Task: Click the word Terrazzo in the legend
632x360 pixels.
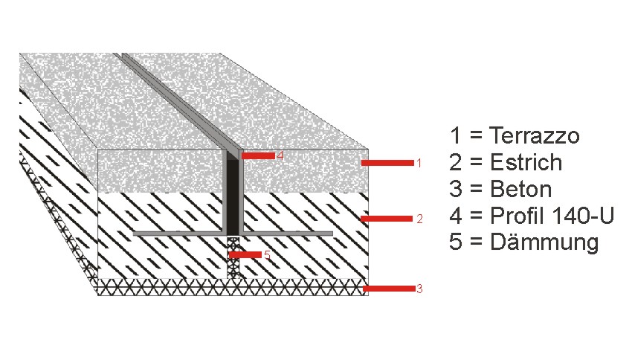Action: click(x=535, y=135)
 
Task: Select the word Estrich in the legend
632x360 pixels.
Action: click(x=526, y=162)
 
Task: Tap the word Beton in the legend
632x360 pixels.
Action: click(x=520, y=189)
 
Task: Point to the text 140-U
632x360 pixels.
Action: click(x=583, y=216)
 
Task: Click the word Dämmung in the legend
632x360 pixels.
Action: click(x=544, y=242)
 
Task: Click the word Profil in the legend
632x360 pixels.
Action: click(x=517, y=216)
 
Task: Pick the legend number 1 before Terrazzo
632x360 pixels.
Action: click(x=456, y=135)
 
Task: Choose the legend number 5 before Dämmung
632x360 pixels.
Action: click(x=456, y=242)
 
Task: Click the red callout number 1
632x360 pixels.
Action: click(x=419, y=163)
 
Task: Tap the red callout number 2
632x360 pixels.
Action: click(x=419, y=219)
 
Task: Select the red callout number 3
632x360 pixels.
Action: click(x=419, y=289)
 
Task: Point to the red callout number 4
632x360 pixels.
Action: click(x=280, y=155)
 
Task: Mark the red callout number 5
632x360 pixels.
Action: click(x=267, y=255)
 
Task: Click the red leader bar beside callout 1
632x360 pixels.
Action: click(x=387, y=163)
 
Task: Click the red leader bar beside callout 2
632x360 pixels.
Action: click(x=387, y=219)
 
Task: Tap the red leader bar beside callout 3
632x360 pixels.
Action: click(x=389, y=289)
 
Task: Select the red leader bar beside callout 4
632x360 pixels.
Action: click(x=258, y=156)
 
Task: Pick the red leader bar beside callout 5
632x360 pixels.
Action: click(x=245, y=255)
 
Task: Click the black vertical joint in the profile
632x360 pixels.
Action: click(x=233, y=196)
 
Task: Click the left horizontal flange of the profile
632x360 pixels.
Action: click(x=179, y=234)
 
